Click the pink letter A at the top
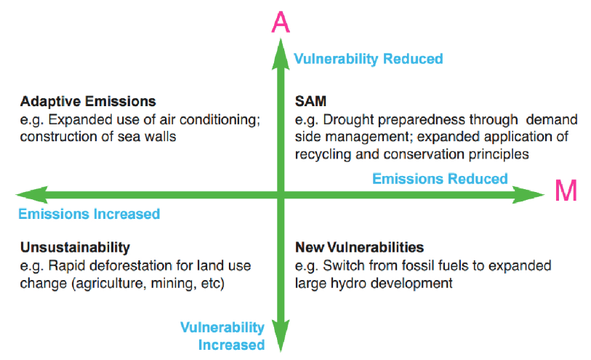click(x=281, y=23)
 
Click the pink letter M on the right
click(x=566, y=191)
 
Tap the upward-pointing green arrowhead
click(x=281, y=55)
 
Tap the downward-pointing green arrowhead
click(x=281, y=335)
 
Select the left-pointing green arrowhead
click(x=32, y=194)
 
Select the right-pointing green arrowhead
click(x=528, y=194)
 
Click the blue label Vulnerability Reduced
click(x=369, y=59)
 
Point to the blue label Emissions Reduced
click(x=440, y=179)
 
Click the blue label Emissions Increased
click(x=89, y=214)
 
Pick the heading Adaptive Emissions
click(x=88, y=101)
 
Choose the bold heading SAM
click(x=310, y=101)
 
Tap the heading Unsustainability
click(x=75, y=247)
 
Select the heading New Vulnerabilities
click(x=360, y=247)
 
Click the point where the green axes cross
click(x=281, y=194)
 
